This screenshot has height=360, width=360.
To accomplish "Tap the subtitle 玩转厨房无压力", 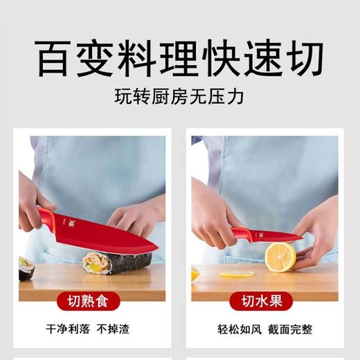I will click(180, 97).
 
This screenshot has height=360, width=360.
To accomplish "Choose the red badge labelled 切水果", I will click(265, 301).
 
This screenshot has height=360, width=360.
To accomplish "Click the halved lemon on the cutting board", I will click(280, 256).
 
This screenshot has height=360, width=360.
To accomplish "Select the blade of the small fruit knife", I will click(277, 237).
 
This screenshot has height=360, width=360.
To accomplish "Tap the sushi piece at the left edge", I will click(26, 267).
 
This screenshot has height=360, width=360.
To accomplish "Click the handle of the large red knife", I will click(46, 219).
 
